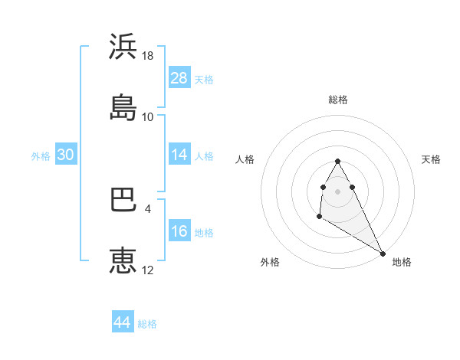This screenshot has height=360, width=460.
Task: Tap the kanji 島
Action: point(123,107)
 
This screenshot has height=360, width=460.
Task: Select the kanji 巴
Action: point(123,200)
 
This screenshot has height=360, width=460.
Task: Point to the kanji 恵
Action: point(123,260)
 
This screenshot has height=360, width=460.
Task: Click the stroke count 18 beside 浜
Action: point(148,56)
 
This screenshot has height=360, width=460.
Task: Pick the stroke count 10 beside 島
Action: point(148,117)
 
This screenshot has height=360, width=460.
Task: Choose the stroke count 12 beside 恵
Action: point(148,270)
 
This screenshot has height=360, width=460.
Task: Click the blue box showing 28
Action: point(179,78)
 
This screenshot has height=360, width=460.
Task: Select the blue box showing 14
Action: point(179,155)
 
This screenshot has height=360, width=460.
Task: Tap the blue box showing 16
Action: point(179,231)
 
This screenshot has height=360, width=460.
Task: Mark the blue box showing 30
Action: point(66,155)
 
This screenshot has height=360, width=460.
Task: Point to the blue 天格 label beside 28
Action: point(204,79)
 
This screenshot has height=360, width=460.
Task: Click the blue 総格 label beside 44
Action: point(147,323)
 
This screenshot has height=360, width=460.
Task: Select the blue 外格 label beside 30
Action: point(41,155)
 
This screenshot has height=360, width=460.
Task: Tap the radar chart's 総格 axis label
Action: point(338,100)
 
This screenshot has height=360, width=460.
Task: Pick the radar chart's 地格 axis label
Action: point(402,262)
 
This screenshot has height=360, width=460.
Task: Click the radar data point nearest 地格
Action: point(383,253)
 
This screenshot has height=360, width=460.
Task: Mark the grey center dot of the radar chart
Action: point(338,191)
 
